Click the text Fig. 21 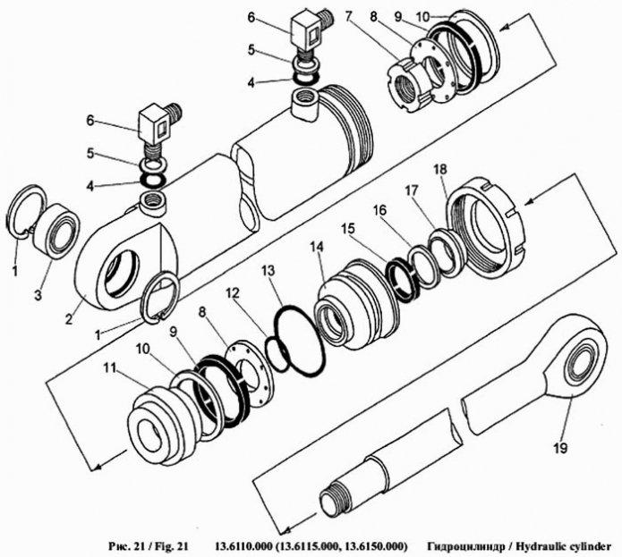[x=169, y=544]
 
